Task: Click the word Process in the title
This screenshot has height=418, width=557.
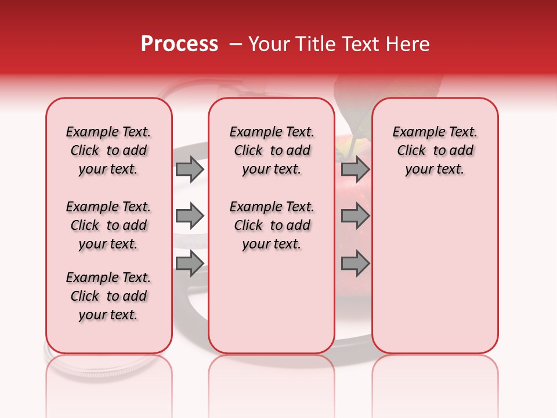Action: pos(179,44)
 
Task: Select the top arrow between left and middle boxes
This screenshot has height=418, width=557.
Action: pos(190,169)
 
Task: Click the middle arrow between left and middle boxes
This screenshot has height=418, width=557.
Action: pos(190,216)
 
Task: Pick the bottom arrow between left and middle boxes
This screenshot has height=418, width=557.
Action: pos(190,263)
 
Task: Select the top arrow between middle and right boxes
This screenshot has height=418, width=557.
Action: pos(355,169)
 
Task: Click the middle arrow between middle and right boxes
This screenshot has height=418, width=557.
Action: pos(355,216)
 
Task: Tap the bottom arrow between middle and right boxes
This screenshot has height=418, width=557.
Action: pos(355,263)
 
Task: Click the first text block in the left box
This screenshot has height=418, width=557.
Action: pos(108,150)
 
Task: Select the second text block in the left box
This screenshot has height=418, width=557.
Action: pos(108,225)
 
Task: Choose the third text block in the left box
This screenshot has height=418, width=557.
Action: pos(108,296)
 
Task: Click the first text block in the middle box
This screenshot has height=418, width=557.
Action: pos(272,150)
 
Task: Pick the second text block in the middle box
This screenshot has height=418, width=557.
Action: pos(272,225)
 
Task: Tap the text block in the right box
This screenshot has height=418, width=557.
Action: pos(435,150)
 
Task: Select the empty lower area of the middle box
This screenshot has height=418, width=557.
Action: pos(272,302)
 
